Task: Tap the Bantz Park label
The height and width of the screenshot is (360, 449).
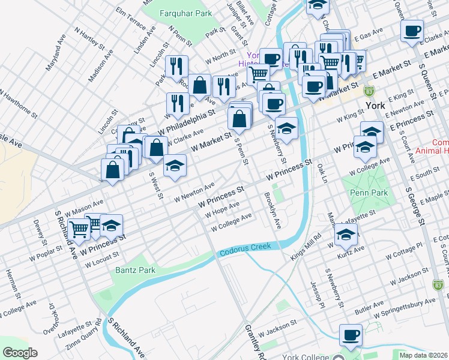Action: click(135, 270)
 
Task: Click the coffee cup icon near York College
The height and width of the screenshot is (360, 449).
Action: click(351, 335)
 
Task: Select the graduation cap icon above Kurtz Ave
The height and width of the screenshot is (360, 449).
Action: click(346, 234)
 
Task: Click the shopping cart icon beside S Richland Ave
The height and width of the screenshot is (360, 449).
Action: click(79, 229)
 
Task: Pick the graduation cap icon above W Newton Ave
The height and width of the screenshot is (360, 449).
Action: click(175, 166)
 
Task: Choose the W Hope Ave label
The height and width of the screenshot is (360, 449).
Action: click(223, 214)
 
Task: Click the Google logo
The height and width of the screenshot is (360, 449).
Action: click(20, 353)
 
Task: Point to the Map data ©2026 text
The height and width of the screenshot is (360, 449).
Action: click(423, 355)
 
